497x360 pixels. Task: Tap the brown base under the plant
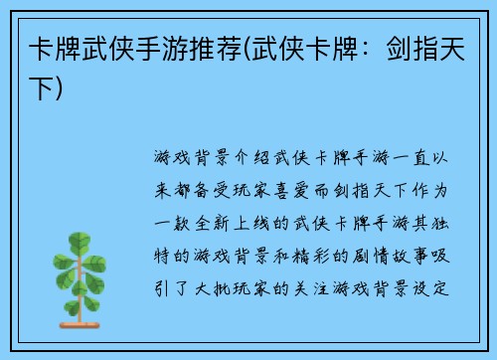(85, 324)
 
